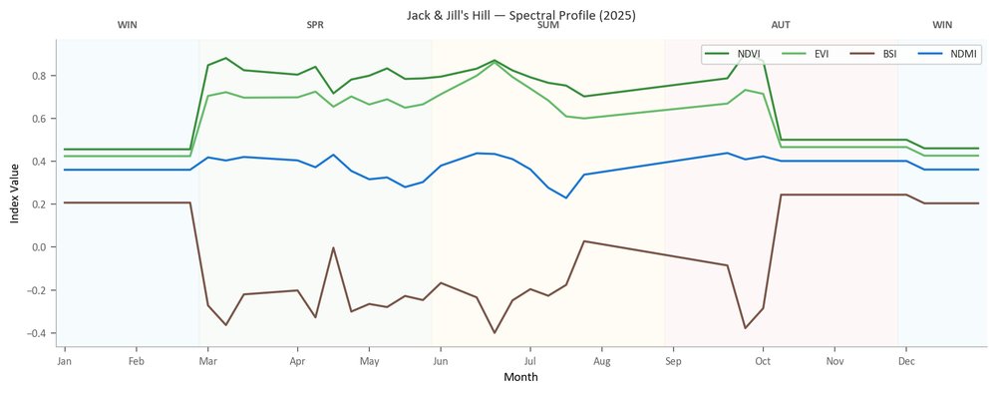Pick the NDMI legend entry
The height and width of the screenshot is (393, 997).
(947, 54)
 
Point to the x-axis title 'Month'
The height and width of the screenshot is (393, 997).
(520, 377)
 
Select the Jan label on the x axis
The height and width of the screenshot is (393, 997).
(64, 362)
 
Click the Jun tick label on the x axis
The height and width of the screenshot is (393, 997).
(440, 362)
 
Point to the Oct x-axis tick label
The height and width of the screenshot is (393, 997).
(763, 362)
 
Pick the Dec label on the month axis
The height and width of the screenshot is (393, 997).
(906, 362)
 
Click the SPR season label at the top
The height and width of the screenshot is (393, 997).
(315, 26)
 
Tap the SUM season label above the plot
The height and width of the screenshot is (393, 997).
(548, 26)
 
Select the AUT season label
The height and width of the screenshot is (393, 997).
(782, 26)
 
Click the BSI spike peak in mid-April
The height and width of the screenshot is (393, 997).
(333, 248)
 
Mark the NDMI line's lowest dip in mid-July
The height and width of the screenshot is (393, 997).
(566, 197)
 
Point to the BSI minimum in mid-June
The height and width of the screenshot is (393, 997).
(495, 332)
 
